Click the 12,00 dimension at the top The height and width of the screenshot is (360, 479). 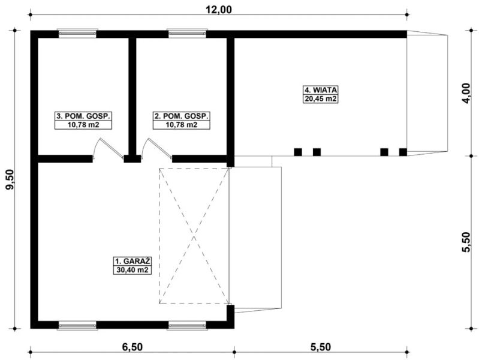[218, 10]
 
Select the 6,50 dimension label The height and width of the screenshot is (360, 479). [132, 347]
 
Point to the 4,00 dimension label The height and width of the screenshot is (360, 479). [466, 93]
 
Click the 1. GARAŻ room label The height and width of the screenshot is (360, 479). [132, 261]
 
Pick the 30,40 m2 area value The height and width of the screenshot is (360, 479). [132, 270]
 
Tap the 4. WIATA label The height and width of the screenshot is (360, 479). [321, 90]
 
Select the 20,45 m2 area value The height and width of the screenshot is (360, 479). [321, 99]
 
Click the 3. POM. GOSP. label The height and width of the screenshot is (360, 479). [83, 116]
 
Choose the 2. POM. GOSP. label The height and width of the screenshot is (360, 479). [182, 116]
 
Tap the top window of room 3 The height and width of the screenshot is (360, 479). [77, 34]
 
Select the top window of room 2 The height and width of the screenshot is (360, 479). [187, 34]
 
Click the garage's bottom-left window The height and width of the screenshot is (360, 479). [77, 325]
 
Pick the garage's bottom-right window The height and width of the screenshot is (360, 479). [187, 325]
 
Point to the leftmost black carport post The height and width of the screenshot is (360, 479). [298, 152]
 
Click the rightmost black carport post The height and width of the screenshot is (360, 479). [403, 152]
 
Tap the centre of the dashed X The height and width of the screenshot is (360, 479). [194, 236]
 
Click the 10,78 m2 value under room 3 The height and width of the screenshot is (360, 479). [83, 125]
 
